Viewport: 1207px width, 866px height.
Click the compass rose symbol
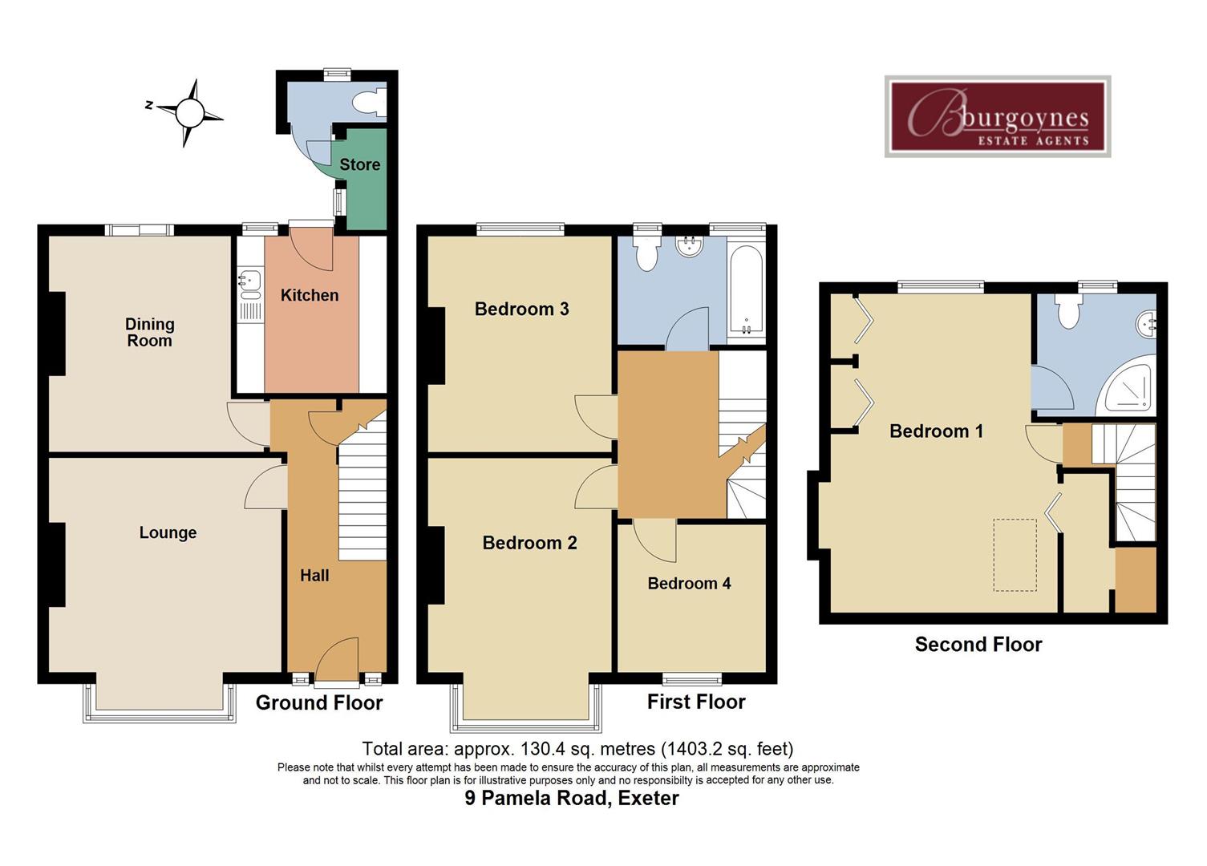tap(190, 112)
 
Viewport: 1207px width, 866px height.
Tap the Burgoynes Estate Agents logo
tap(997, 117)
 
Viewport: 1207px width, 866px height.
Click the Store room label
tap(359, 164)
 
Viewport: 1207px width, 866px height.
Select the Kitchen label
tap(309, 295)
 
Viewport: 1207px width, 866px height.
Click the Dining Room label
tap(149, 332)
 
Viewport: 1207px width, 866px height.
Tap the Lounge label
tap(168, 532)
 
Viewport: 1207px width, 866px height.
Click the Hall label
tap(314, 575)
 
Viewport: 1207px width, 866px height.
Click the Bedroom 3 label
tap(521, 309)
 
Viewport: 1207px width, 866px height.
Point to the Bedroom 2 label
tap(529, 543)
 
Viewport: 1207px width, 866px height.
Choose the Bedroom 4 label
tap(689, 583)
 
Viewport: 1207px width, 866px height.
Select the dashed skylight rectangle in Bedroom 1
tap(1015, 555)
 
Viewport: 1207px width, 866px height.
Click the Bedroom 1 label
tap(936, 431)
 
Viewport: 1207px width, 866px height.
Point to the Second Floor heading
tap(978, 645)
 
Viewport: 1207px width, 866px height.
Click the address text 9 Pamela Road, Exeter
tap(572, 799)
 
